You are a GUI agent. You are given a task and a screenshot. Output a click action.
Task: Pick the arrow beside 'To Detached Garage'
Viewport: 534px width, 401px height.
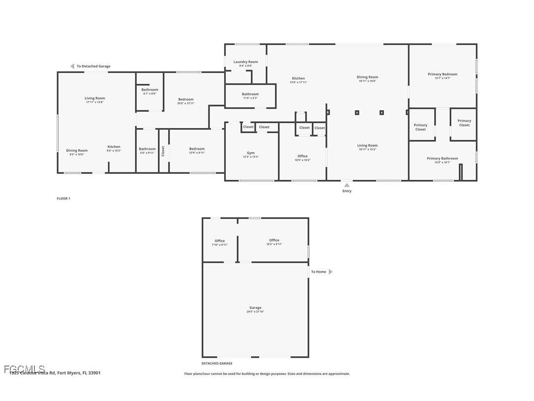pos(72,66)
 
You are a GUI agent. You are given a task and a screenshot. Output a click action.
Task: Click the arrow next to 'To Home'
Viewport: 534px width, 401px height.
pos(330,271)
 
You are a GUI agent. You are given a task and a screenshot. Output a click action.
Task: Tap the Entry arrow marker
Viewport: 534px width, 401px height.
pos(347,185)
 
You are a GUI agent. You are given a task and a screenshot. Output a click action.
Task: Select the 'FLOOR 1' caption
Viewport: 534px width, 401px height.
pos(63,199)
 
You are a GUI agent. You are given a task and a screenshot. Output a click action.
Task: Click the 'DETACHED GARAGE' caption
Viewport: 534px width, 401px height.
pos(217,364)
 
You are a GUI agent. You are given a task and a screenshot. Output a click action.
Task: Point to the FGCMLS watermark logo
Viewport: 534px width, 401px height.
pos(24,369)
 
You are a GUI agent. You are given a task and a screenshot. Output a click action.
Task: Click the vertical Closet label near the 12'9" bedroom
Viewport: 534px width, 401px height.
pos(163,151)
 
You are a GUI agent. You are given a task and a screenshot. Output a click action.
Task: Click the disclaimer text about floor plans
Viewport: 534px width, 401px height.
pos(267,374)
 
